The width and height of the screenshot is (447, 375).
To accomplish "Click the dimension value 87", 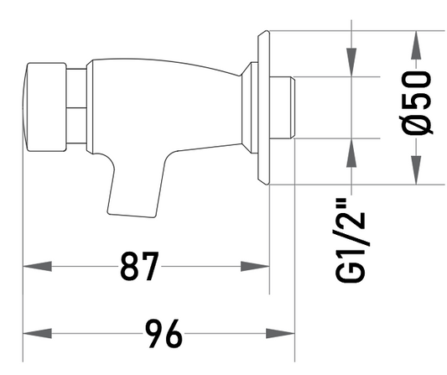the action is pyautogui.click(x=139, y=266).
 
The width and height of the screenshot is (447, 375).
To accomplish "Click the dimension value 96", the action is pyautogui.click(x=164, y=333).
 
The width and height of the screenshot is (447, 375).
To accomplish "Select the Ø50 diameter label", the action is pyautogui.click(x=417, y=102).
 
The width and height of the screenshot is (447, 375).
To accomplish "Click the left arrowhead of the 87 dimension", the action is pyautogui.click(x=38, y=266).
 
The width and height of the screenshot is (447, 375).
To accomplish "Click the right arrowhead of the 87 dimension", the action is pyautogui.click(x=255, y=266).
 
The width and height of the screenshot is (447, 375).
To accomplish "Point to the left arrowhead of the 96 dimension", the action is pyautogui.click(x=38, y=333).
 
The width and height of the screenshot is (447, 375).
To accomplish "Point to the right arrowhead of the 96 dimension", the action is pyautogui.click(x=280, y=333).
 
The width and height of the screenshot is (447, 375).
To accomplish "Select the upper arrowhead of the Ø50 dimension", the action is pyautogui.click(x=416, y=45).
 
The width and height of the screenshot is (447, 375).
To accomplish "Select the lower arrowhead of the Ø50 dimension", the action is pyautogui.click(x=416, y=170).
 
